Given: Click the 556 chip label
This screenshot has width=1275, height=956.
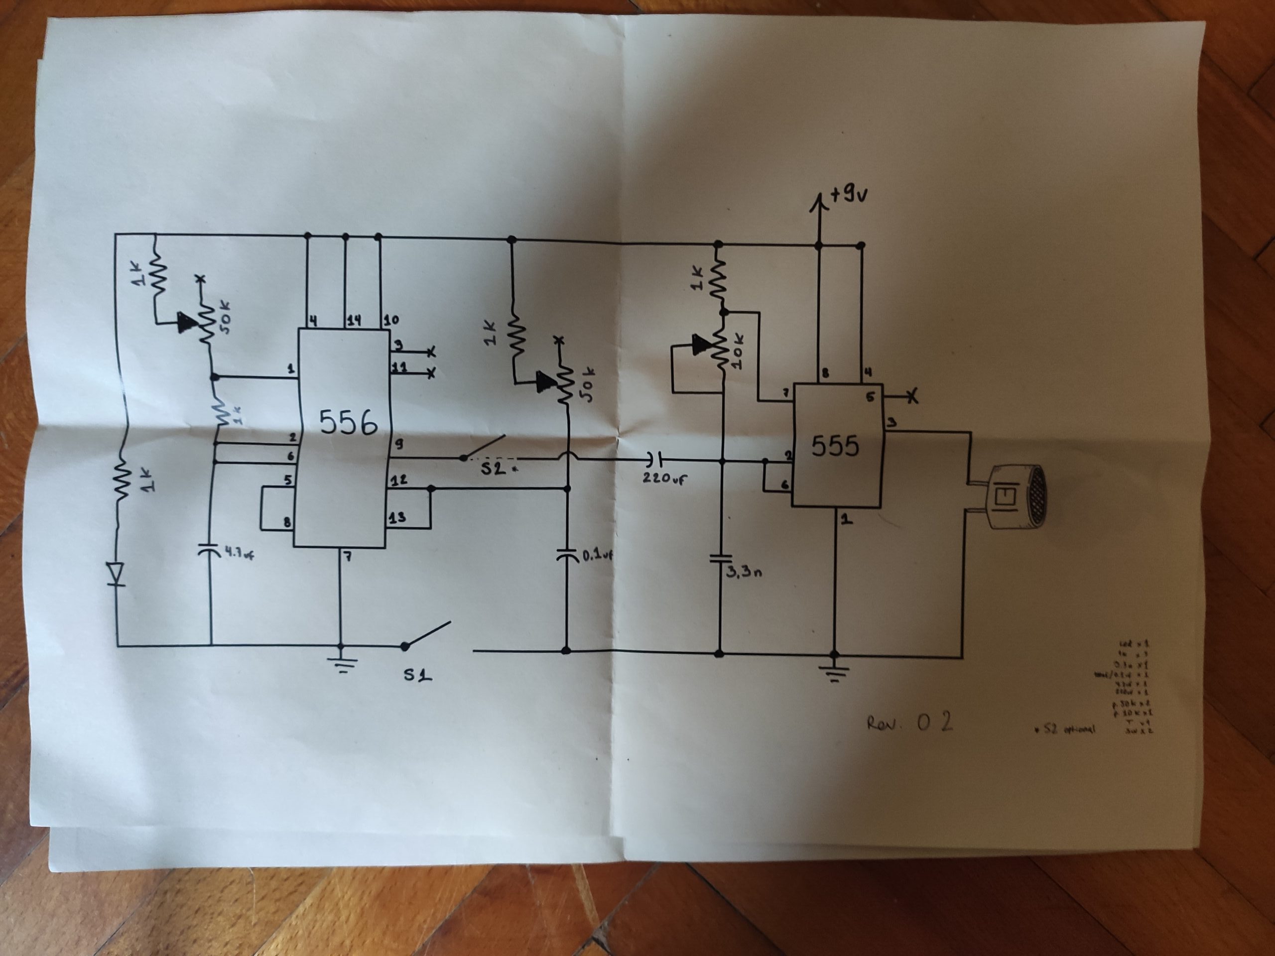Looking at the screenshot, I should pyautogui.click(x=349, y=422).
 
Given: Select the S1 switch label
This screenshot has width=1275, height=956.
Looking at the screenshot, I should pyautogui.click(x=417, y=674).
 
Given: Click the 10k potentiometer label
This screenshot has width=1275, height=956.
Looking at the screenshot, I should pyautogui.click(x=739, y=352).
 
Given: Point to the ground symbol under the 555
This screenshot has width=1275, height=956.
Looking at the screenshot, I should pyautogui.click(x=834, y=671).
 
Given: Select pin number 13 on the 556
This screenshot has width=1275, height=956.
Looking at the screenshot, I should pyautogui.click(x=397, y=517).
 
